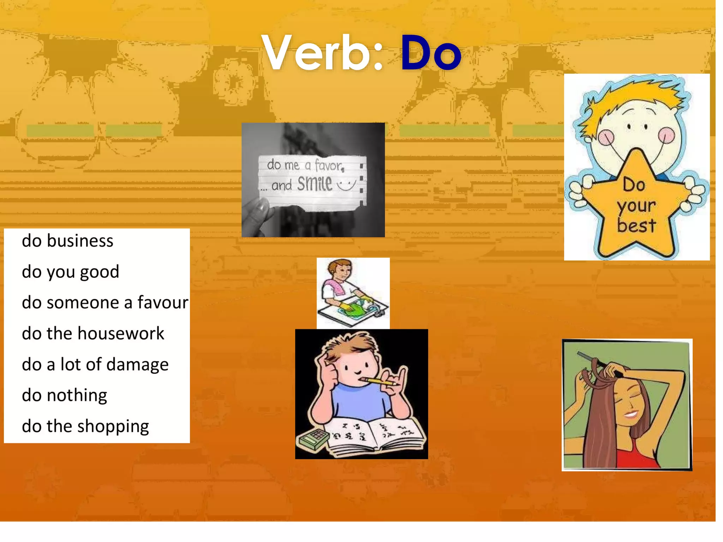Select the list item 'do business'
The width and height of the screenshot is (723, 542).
click(x=67, y=241)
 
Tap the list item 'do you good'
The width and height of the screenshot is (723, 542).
click(x=70, y=272)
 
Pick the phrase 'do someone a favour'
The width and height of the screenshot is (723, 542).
click(x=105, y=303)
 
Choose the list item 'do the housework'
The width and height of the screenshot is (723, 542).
click(x=93, y=333)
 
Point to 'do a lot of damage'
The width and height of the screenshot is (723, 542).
click(x=95, y=365)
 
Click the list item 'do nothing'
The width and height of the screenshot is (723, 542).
click(x=64, y=395)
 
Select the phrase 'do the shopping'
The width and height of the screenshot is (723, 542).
click(x=85, y=426)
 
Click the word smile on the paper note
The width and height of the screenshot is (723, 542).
click(x=315, y=183)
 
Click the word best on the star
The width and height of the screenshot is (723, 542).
click(x=636, y=226)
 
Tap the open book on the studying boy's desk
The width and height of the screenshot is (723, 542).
click(x=378, y=436)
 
